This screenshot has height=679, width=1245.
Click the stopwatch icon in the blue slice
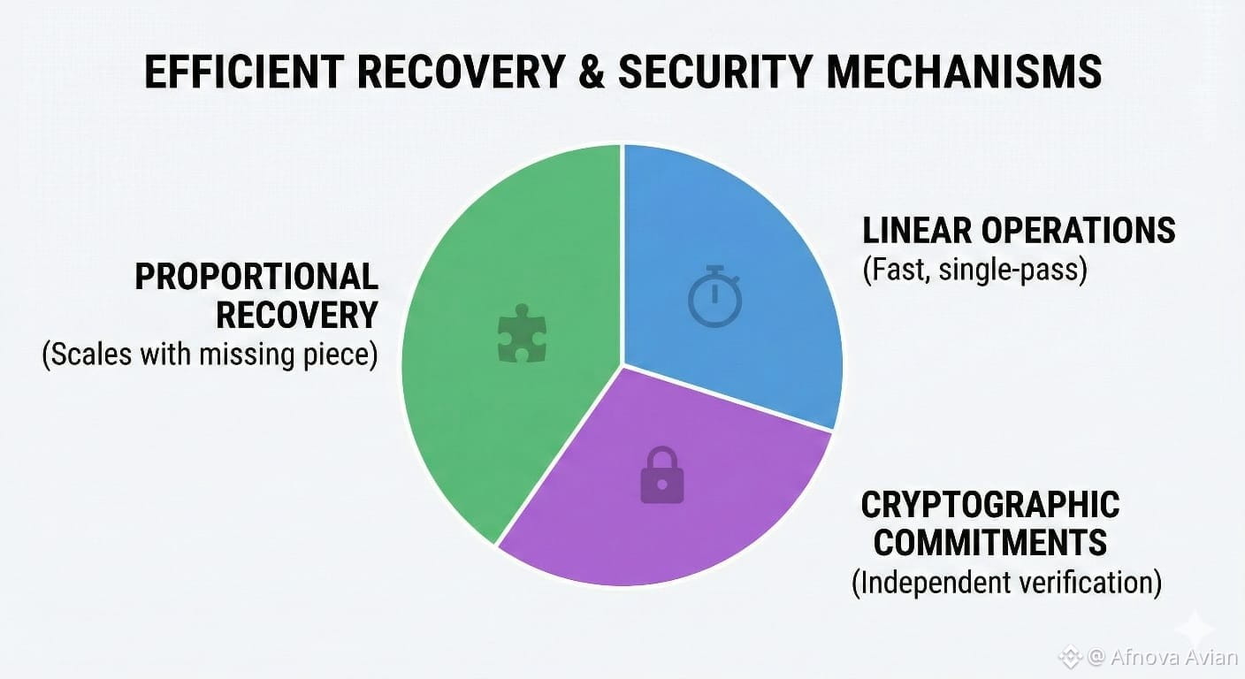(714, 296)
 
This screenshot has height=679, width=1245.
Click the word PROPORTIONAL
(256, 277)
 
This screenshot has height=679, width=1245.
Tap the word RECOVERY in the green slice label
(297, 315)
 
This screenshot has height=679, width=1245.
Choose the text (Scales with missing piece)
(210, 355)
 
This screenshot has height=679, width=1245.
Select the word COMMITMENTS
(990, 542)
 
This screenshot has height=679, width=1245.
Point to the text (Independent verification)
(1006, 583)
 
